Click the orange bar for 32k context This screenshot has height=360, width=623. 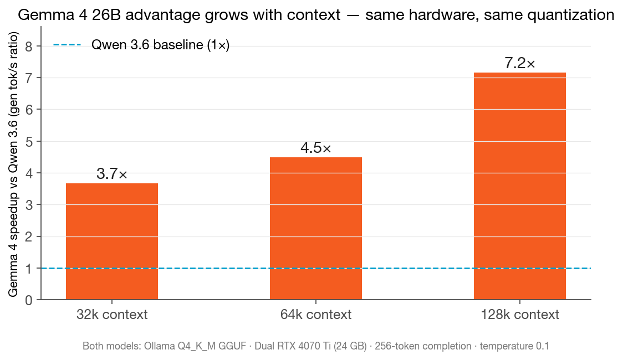tap(111, 241)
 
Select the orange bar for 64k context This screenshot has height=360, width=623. tap(315, 228)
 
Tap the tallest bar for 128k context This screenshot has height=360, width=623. tap(519, 186)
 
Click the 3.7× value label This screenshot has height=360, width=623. tap(111, 174)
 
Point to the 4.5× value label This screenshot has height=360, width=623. tap(315, 148)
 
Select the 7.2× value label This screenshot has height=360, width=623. tap(519, 64)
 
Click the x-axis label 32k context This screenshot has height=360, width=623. tap(111, 315)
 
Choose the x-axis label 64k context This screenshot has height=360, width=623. tap(315, 315)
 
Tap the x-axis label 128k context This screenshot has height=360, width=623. tap(519, 315)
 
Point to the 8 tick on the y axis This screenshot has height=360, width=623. tap(29, 46)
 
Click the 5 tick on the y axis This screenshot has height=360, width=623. tap(29, 141)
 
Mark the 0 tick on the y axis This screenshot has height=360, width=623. tap(29, 300)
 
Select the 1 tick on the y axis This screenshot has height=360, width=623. tap(29, 269)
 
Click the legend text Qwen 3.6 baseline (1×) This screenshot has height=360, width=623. tap(160, 45)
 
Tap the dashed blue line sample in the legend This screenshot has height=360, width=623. tap(67, 45)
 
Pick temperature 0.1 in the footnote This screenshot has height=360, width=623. tap(514, 346)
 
